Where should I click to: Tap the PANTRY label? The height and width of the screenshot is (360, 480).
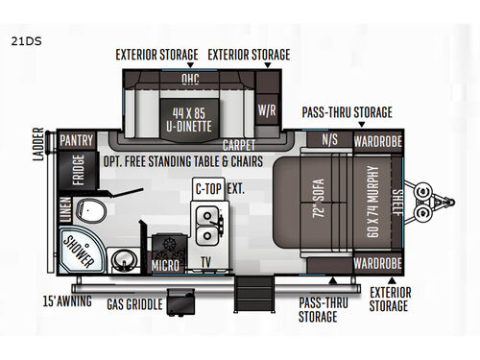click(76, 140)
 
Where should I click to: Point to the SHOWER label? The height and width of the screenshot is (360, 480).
click(76, 249)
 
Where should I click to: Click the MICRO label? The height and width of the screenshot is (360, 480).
click(164, 264)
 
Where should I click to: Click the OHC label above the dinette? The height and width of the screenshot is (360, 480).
click(190, 79)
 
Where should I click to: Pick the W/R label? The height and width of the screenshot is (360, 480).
click(267, 110)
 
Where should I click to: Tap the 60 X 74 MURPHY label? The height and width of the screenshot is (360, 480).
click(369, 201)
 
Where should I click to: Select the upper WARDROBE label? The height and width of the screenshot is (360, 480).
click(372, 140)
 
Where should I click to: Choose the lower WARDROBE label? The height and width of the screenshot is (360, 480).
click(372, 262)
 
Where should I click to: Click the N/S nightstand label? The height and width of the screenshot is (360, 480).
click(328, 140)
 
